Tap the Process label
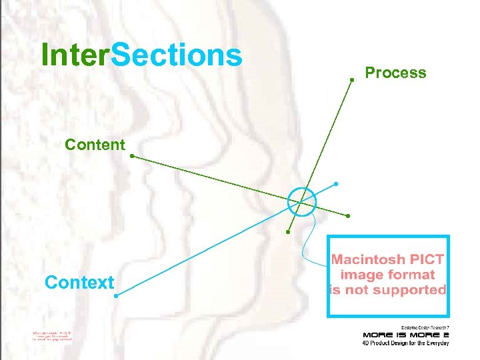pyautogui.click(x=395, y=73)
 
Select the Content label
pyautogui.click(x=95, y=144)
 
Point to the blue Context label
pyautogui.click(x=79, y=282)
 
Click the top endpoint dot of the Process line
pyautogui.click(x=353, y=80)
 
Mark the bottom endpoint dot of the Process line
pyautogui.click(x=288, y=232)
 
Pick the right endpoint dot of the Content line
pyautogui.click(x=348, y=216)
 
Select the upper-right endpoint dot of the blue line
pyautogui.click(x=336, y=183)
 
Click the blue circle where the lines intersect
pyautogui.click(x=302, y=201)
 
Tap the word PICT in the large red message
pyautogui.click(x=427, y=259)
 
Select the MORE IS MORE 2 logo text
pyautogui.click(x=405, y=334)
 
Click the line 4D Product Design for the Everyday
pyautogui.click(x=405, y=343)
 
